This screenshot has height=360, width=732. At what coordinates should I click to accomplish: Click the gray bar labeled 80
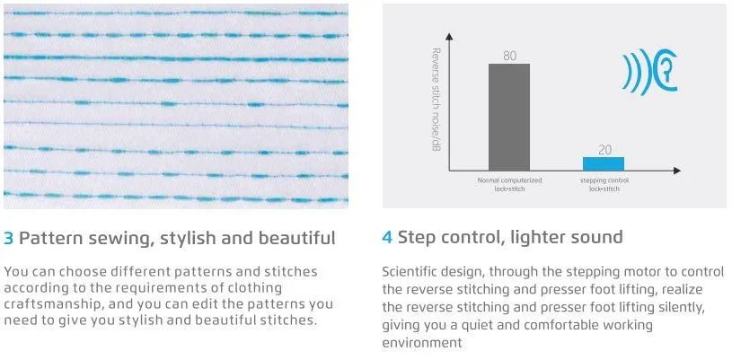(509, 118)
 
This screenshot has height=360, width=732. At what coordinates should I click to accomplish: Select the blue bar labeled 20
(604, 164)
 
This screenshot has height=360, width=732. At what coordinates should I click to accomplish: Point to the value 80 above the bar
(510, 56)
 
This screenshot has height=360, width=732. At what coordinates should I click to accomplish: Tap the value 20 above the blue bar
(604, 150)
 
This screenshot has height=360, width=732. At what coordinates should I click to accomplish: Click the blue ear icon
(650, 72)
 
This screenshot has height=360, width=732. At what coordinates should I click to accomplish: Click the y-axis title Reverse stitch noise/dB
(437, 106)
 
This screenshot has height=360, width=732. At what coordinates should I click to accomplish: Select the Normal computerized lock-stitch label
(509, 184)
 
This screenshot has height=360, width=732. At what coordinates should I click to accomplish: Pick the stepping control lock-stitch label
(604, 184)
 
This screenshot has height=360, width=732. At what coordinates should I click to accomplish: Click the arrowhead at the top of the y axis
(449, 36)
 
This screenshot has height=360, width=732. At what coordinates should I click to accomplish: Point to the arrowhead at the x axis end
(677, 171)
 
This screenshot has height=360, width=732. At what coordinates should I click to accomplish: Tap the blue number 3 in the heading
(8, 238)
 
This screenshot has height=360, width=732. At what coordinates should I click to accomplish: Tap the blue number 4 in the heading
(387, 237)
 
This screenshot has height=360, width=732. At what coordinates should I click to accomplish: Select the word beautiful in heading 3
(296, 238)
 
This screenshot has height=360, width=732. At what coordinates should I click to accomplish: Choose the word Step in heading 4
(417, 238)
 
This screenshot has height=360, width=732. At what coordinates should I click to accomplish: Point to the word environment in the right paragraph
(422, 343)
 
